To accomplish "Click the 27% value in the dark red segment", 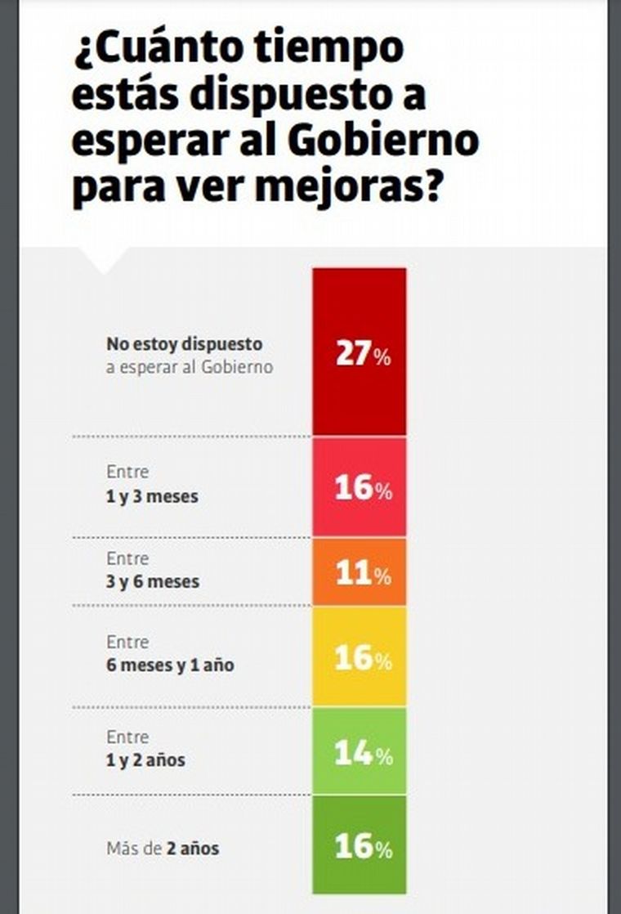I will pos(363,356).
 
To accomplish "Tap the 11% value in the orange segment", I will pos(363,575).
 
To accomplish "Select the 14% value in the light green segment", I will pos(363,754).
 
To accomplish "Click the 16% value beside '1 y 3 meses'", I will pos(363,488).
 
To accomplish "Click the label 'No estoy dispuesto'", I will pos(184,344).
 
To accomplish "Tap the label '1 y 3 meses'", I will pos(152,496).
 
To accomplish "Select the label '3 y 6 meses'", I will pos(153,582).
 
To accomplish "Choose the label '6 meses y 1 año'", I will pos(170,665).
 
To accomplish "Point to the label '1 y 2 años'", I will pos(145,760).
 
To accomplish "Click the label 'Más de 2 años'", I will pos(163,849).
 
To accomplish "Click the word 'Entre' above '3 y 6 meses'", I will pos(127,559).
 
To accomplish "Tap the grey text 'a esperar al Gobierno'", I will pos(190,367).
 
